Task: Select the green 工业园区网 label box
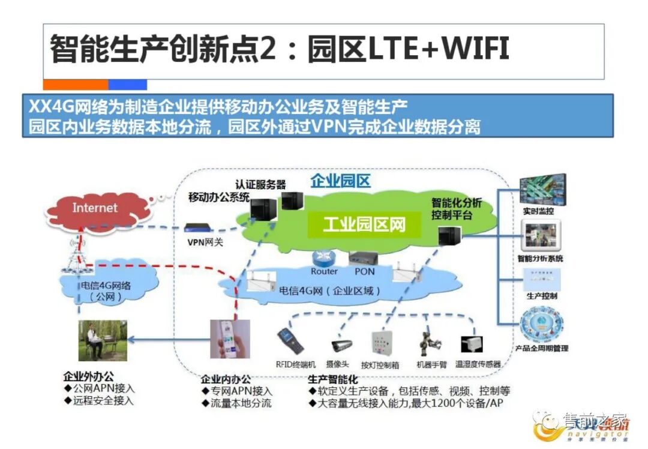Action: pos(364,225)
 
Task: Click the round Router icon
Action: pos(323,257)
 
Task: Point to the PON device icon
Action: pos(364,258)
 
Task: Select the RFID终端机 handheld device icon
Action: pos(290,341)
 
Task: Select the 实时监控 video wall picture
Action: pos(542,189)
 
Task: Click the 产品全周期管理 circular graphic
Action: pos(541,325)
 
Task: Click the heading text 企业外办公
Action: pos(88,377)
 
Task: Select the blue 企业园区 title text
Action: pos(340,181)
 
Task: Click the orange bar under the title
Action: pos(76,85)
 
